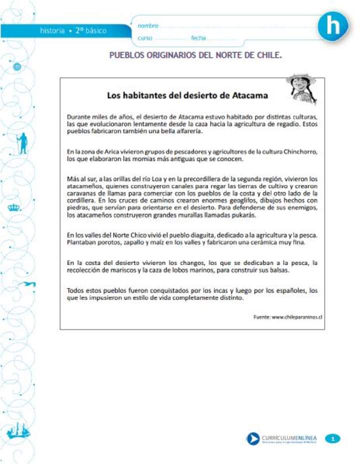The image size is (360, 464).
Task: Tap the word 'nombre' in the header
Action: point(148,25)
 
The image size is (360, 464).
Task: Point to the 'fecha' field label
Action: point(198,38)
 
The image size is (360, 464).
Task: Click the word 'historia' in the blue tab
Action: point(52,31)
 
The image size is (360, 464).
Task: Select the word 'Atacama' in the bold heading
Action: point(248,95)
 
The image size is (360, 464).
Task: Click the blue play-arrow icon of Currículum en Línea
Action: point(252,439)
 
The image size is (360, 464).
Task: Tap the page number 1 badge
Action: point(333,439)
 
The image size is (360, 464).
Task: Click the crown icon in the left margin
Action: point(13,207)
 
